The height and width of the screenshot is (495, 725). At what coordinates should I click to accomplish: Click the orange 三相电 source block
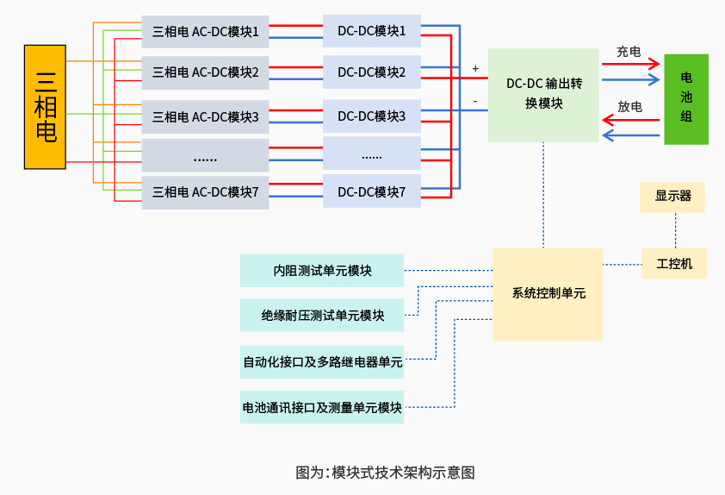coord(45,107)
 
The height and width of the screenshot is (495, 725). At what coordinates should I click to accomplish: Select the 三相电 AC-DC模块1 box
coord(205,32)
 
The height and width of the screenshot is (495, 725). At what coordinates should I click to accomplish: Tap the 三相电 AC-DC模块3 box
coord(205,116)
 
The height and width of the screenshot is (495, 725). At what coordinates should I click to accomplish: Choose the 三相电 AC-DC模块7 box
coord(205,192)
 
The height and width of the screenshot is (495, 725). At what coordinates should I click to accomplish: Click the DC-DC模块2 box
coord(371,72)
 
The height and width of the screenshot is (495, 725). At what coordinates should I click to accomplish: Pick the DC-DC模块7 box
coord(371,191)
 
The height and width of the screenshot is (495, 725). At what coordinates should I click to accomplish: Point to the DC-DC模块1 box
coord(371,32)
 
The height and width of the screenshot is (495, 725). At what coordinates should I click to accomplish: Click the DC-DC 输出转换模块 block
coord(543,95)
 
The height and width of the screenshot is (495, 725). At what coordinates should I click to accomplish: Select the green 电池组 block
coord(685,98)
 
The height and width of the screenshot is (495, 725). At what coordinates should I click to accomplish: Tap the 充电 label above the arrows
coord(628,52)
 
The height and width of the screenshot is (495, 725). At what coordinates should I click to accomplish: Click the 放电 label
coord(629,107)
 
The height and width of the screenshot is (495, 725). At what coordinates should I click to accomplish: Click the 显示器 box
coord(672,197)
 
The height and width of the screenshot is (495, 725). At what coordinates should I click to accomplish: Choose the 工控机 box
coord(674,264)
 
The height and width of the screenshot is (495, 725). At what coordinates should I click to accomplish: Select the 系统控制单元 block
coord(548,294)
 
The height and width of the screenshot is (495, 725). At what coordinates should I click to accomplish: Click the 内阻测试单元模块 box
coord(322,271)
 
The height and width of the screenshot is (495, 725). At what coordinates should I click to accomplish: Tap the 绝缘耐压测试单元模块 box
coord(322,315)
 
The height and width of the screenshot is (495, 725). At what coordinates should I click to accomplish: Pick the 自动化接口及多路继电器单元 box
coord(322,362)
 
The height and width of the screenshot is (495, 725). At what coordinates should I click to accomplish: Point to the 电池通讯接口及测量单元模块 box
coord(322,407)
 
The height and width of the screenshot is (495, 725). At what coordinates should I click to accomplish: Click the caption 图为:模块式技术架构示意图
coord(385,473)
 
